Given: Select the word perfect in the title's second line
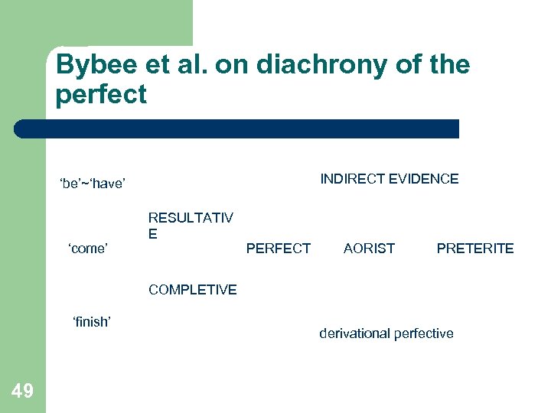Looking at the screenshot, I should click(100, 96).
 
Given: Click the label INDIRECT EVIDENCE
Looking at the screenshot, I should click(389, 179).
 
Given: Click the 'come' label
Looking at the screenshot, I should click(88, 248).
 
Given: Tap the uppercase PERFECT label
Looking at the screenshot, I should click(278, 248).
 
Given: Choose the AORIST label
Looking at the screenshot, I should click(369, 248).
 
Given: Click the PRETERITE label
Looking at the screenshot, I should click(474, 248).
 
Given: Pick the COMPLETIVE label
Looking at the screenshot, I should click(193, 290).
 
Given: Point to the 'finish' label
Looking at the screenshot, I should click(91, 322).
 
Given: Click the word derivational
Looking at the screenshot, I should click(354, 333).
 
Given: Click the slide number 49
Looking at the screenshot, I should click(23, 392).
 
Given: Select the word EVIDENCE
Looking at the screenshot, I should click(423, 179).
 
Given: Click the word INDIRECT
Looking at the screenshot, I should click(352, 179).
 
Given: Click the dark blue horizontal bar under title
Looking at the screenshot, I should click(237, 128).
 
